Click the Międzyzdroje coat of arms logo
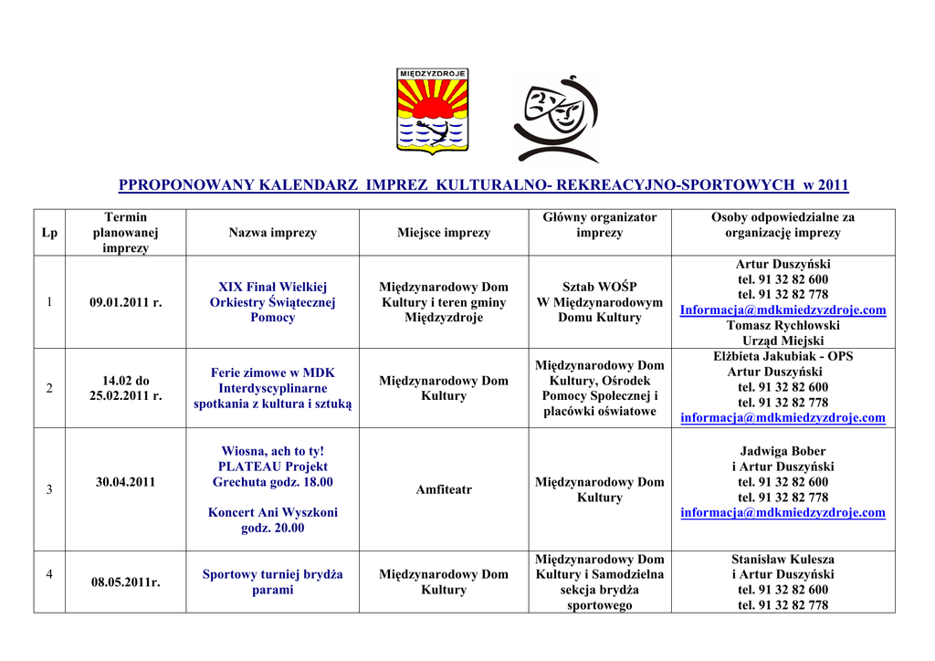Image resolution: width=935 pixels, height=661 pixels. click(x=433, y=110)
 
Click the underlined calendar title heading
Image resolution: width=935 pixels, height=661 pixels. click(x=483, y=185)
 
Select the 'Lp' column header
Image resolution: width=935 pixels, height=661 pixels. click(x=49, y=233)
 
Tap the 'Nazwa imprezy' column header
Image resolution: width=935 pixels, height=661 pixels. click(x=272, y=233)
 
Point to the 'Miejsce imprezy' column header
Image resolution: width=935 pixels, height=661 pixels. click(x=444, y=233)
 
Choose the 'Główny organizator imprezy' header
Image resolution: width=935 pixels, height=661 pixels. click(x=600, y=225)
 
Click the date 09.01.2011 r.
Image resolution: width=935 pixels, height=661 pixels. click(x=125, y=302)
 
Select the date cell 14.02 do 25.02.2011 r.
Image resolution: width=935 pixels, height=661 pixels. click(x=125, y=388)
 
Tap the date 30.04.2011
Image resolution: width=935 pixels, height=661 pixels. click(x=125, y=482)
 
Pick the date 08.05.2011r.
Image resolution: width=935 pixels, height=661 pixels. click(x=125, y=582)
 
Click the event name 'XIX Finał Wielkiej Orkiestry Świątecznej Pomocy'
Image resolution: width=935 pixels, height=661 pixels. click(x=272, y=302)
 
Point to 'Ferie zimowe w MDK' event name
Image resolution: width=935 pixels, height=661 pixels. click(x=272, y=372)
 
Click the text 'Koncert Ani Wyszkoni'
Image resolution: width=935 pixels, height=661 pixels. click(x=272, y=512)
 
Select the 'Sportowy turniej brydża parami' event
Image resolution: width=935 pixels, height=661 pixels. click(x=272, y=582)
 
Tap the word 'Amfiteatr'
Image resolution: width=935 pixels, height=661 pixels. click(x=444, y=489)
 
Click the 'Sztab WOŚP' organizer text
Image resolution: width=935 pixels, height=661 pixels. click(x=600, y=287)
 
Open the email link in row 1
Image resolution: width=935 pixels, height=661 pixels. click(x=783, y=310)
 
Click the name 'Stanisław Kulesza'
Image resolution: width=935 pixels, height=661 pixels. click(x=783, y=559)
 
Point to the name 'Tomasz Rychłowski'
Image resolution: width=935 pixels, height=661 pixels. click(x=783, y=325)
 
